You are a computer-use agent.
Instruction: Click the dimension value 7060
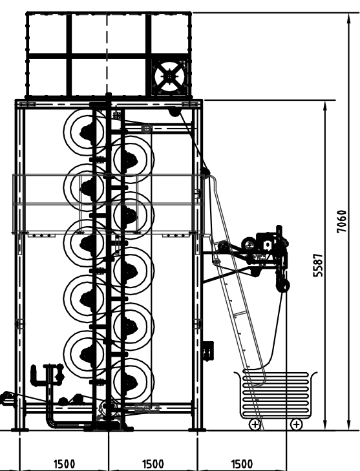coord(342,222)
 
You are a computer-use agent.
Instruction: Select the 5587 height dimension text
coord(318,266)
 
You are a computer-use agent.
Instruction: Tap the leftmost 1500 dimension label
coord(64,464)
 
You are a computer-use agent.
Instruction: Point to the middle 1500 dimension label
coord(153,464)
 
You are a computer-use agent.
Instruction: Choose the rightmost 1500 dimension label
coord(242,464)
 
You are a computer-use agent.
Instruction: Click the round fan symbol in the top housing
coord(169,77)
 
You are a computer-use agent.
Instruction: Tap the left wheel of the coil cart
coord(255,424)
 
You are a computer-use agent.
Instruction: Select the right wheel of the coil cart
coord(297,424)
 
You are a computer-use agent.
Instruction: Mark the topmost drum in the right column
coord(133,158)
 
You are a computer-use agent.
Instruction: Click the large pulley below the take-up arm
coord(283,286)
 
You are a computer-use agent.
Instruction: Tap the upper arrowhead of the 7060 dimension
coord(348,17)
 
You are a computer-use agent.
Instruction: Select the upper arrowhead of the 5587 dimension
coord(325,105)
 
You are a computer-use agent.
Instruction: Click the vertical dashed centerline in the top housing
coord(107,54)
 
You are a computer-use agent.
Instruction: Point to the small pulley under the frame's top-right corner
coord(174,112)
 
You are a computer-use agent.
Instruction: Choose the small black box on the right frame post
coord(208,351)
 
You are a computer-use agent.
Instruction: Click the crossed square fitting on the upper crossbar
coord(147,129)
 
